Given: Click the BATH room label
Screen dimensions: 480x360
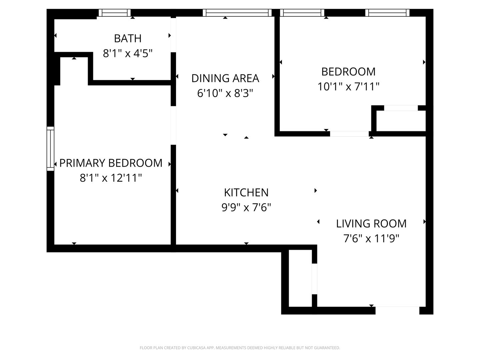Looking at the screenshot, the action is (x=128, y=39).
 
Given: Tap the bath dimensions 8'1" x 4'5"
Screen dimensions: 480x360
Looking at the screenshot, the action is (x=128, y=53).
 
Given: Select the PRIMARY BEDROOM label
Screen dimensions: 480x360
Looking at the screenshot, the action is (x=111, y=163).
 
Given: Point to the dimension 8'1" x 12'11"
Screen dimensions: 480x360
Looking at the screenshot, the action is (x=111, y=178).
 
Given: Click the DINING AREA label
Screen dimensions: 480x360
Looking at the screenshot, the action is (x=225, y=78).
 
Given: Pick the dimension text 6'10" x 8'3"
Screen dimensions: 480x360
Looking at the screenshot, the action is (x=225, y=93).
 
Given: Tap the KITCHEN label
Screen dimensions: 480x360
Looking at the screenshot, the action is (x=246, y=193).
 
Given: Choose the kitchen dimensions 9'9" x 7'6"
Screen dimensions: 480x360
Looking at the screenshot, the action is (x=246, y=207).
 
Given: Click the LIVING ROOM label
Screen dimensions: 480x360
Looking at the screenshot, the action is (x=371, y=224).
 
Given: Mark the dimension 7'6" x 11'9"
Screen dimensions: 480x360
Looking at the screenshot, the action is (x=371, y=238).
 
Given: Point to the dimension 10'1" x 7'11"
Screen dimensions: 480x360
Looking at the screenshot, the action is (x=348, y=87).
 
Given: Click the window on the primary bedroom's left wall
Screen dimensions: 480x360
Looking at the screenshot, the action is (x=50, y=149).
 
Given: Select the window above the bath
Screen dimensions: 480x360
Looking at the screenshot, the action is (x=115, y=13).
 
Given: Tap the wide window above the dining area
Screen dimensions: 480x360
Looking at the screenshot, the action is (x=237, y=13).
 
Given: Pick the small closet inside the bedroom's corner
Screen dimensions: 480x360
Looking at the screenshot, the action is (x=401, y=121).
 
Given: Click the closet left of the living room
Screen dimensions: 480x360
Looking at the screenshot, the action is (x=300, y=278).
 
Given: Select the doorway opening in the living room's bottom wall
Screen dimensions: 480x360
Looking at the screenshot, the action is (x=397, y=310).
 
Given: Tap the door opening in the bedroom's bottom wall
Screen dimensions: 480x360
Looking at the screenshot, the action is (x=349, y=134).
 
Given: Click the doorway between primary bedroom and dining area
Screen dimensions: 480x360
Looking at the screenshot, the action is (x=173, y=125).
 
